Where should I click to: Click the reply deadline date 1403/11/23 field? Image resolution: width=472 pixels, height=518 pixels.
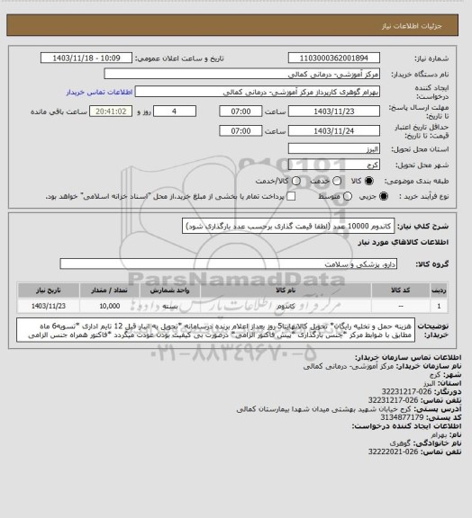pos(333,112)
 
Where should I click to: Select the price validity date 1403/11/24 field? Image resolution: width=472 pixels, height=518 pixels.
pos(333,130)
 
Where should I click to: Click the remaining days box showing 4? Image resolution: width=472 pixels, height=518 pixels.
pos(188,112)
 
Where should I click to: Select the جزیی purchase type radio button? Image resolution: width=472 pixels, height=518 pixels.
pos(386,194)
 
